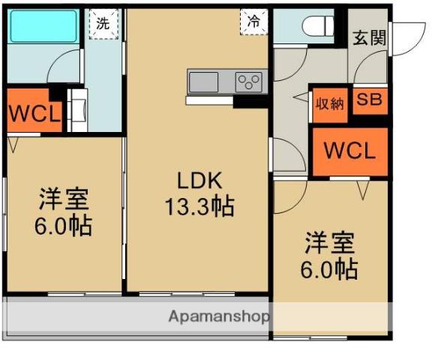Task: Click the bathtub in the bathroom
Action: [x=43, y=26]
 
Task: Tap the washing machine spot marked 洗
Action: [x=102, y=22]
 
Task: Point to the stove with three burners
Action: [x=250, y=80]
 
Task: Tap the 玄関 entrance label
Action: [x=370, y=37]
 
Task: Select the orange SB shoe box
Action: [x=368, y=101]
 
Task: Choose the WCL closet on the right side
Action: [x=349, y=150]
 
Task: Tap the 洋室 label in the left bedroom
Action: [x=64, y=199]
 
